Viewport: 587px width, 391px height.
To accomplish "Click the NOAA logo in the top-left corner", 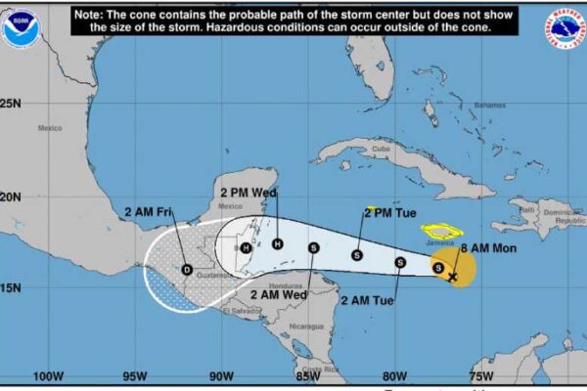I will [x=21, y=26].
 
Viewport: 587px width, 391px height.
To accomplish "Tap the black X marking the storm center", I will [x=452, y=278].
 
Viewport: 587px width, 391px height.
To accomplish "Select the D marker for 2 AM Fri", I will [x=187, y=270].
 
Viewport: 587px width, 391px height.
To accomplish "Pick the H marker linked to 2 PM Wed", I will [x=278, y=244].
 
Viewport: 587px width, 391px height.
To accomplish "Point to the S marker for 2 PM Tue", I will [x=357, y=255].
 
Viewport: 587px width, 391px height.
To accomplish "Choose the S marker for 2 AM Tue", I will [x=400, y=262].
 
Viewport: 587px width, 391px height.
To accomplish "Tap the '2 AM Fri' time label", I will [x=150, y=211].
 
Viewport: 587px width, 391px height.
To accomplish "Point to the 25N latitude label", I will [x=11, y=102].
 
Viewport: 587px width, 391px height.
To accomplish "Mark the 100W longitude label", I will [x=48, y=376].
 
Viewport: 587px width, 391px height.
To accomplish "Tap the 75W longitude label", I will [x=480, y=376].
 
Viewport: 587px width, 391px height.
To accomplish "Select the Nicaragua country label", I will [x=305, y=325].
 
